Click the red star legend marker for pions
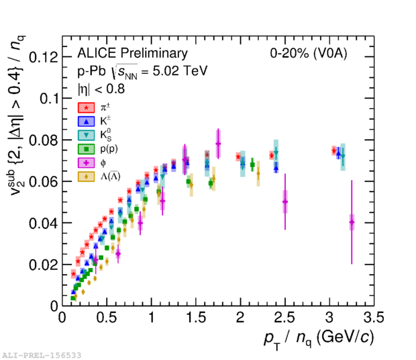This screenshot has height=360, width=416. tap(85, 107)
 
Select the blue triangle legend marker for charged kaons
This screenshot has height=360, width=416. tap(85, 121)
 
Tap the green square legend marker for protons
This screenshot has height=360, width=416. tap(85, 148)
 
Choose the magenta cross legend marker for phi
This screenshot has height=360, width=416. tap(85, 163)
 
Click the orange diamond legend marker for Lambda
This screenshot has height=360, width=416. tap(85, 177)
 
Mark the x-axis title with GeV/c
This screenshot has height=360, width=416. tap(315, 337)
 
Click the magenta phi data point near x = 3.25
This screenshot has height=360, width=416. tap(352, 222)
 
